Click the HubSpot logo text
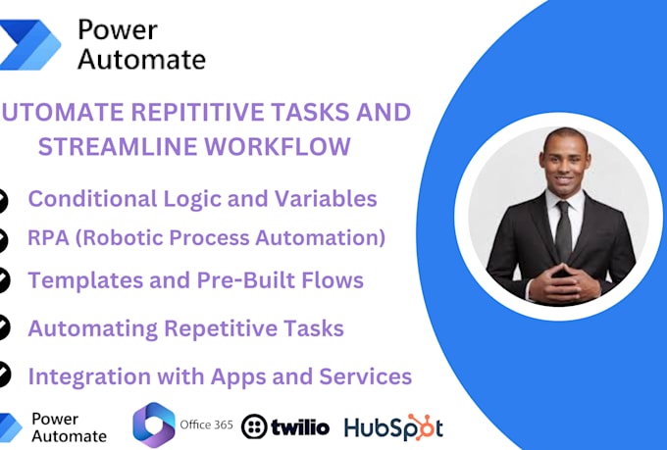pos(393,427)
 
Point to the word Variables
pos(325,198)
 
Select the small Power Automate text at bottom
pos(69,426)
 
